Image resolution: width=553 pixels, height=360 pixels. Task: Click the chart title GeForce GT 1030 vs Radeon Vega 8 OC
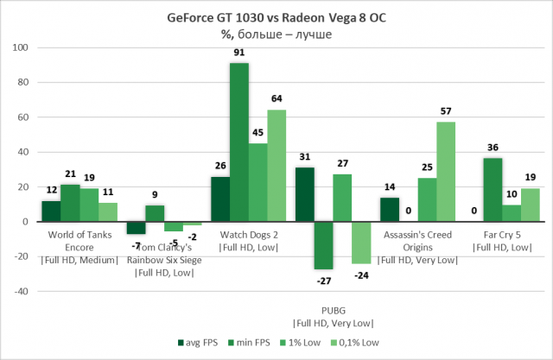276,18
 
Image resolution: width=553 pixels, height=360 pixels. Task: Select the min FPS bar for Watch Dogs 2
239,142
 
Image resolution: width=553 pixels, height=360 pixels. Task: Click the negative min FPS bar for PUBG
323,245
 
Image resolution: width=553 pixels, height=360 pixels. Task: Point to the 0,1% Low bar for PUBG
361,243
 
